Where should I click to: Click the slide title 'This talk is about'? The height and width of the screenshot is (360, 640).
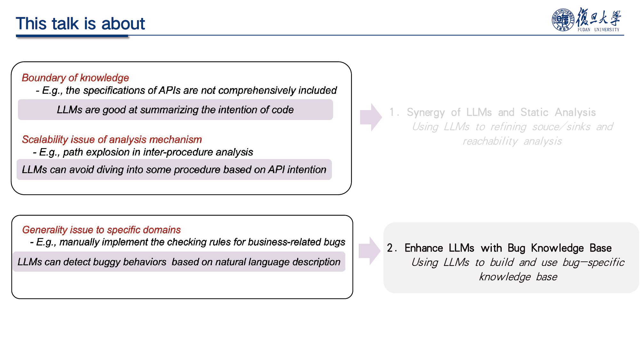[x=80, y=24]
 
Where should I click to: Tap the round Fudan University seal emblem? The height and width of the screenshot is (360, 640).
[x=563, y=20]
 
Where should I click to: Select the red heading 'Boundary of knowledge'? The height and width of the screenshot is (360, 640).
[x=75, y=78]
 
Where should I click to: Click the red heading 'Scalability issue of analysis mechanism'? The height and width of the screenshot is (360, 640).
[x=112, y=140]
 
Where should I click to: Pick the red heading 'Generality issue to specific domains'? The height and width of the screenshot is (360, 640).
[x=101, y=230]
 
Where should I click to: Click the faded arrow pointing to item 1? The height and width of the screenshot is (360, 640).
[x=371, y=117]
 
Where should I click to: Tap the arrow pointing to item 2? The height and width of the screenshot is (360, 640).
[x=370, y=251]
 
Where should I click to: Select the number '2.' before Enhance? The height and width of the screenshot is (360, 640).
[x=392, y=248]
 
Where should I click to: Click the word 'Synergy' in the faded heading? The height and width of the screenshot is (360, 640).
[x=426, y=113]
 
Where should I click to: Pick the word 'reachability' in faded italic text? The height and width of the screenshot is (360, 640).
[x=490, y=141]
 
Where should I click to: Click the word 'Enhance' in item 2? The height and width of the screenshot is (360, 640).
[x=424, y=248]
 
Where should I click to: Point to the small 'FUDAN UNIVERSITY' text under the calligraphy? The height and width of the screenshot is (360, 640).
[x=598, y=30]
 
